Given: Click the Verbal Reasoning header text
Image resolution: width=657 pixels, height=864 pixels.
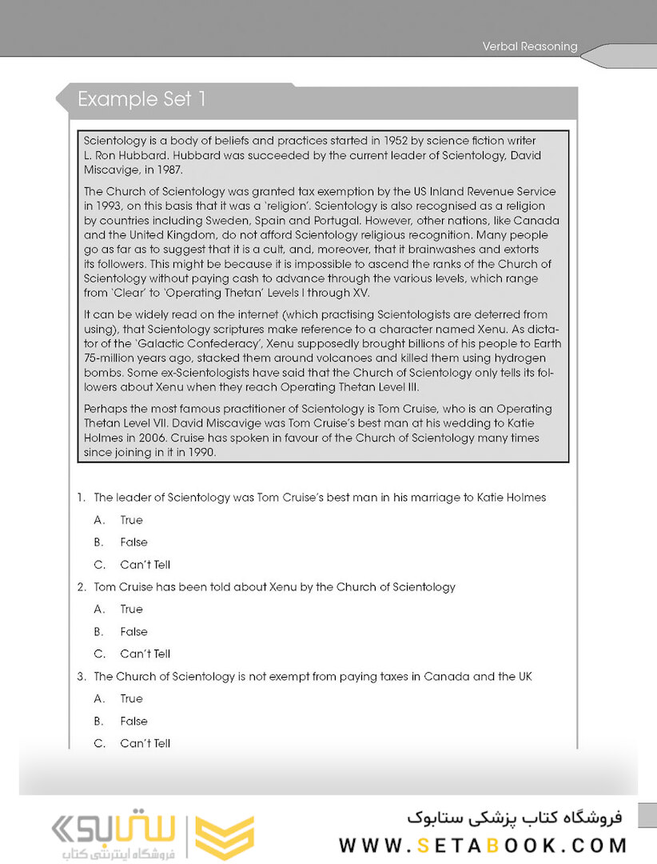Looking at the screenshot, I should [x=529, y=46].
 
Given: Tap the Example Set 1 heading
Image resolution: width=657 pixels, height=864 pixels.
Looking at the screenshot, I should [x=141, y=99].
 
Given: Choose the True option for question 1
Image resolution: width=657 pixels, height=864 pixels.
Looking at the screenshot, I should [x=131, y=520].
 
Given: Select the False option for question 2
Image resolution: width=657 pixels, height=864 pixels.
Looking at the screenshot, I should [x=133, y=631].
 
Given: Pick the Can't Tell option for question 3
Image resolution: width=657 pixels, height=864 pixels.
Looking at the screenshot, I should [x=145, y=743].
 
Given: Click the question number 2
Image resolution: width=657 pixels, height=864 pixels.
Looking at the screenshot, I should [x=82, y=586].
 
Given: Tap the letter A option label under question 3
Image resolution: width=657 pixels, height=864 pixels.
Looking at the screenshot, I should [x=98, y=698].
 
